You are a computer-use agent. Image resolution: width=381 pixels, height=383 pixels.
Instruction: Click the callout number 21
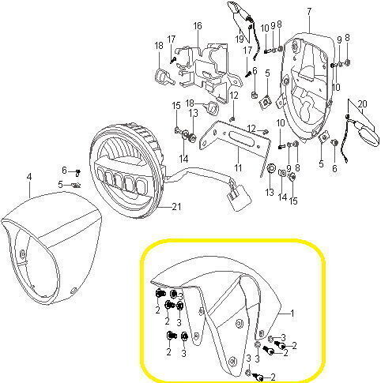click(176, 207)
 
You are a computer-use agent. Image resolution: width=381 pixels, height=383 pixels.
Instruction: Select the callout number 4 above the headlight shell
click(29, 177)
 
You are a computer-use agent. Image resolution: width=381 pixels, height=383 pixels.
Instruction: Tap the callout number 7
click(309, 12)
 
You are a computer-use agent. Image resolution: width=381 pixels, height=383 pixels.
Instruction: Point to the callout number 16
click(198, 26)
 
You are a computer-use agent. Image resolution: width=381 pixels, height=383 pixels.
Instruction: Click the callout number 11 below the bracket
click(238, 167)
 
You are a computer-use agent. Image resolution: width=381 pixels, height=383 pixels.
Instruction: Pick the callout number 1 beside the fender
click(292, 313)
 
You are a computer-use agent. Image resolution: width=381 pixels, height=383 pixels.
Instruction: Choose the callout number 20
click(363, 104)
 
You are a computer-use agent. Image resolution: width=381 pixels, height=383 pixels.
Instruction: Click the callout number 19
click(240, 39)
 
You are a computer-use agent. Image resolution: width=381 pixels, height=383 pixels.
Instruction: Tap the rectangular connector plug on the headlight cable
click(240, 199)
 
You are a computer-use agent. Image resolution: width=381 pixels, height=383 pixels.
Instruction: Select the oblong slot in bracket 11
click(238, 137)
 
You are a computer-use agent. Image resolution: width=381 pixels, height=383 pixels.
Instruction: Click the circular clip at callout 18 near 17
click(161, 77)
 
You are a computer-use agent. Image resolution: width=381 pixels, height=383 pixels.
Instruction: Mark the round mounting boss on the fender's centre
click(240, 323)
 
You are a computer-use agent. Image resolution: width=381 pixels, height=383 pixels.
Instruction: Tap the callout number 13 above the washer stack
click(193, 113)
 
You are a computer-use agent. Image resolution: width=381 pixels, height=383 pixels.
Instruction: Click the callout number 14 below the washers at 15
click(183, 159)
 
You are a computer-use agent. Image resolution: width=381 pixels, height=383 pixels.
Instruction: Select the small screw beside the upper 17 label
click(172, 60)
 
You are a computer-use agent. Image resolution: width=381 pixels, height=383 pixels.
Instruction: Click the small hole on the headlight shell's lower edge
click(74, 290)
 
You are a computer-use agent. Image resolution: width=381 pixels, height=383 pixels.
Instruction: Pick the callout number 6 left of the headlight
click(64, 171)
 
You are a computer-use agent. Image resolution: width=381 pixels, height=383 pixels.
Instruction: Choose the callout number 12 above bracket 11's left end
click(234, 96)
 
